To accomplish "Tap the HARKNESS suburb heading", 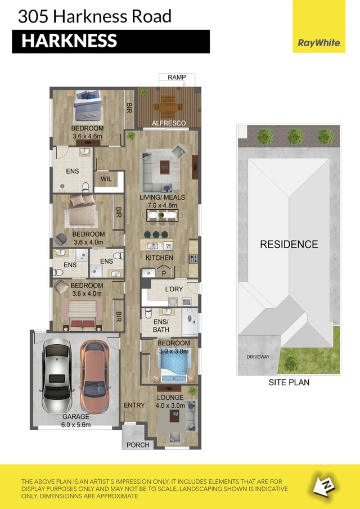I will tap(69, 41).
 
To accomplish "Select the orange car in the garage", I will tap(93, 375).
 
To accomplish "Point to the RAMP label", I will tap(177, 77).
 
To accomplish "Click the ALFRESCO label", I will tap(169, 122).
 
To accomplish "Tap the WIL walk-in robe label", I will tap(106, 179).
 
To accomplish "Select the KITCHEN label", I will tap(159, 258).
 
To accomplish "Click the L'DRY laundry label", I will tap(173, 290).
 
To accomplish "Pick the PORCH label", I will tap(138, 444).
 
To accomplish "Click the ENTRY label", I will tap(134, 405).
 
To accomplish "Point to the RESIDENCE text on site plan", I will tap(289, 244).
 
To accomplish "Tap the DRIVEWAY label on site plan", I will tap(258, 357).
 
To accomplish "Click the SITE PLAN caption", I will tap(289, 382).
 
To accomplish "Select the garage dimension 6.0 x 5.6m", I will tap(76, 425).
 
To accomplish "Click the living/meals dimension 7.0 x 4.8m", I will tap(162, 205).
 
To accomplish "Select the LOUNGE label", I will tap(170, 397).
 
